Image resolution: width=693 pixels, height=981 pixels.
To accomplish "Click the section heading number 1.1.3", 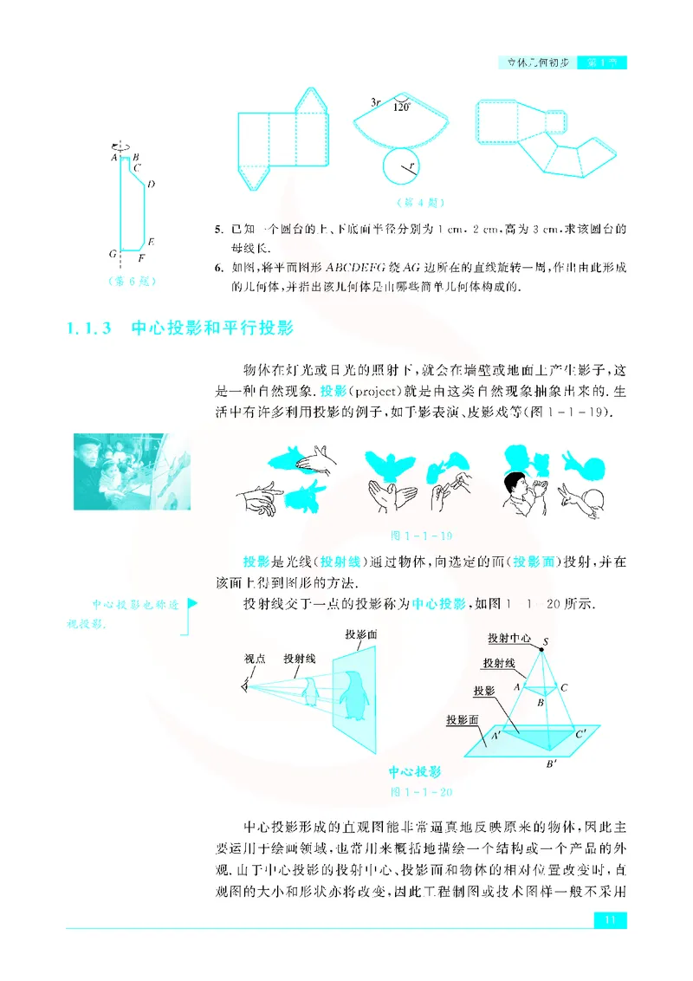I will [x=90, y=328].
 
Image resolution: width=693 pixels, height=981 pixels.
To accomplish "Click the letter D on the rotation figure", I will [x=151, y=184].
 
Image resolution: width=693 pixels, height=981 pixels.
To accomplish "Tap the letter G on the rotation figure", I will [x=113, y=254].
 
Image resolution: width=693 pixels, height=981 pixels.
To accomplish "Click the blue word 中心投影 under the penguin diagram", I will [x=414, y=772].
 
